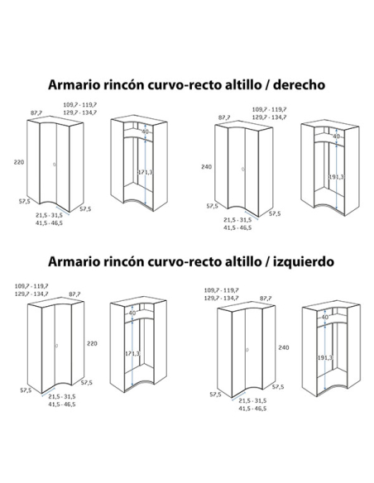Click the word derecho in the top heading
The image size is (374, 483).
pos(299,84)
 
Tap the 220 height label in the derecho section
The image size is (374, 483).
pos(19,162)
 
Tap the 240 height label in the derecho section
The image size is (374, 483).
pos(206,166)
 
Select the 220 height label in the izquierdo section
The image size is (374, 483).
pos(92,343)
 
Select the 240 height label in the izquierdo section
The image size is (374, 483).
pos(284,347)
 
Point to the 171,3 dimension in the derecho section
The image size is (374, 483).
pos(145,172)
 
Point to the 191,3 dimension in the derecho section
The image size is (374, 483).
pos(336,177)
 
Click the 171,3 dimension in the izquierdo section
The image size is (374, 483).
pos(132,353)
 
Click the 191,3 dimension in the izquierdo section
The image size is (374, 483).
pos(325,357)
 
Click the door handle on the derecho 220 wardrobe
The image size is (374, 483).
pos(55,165)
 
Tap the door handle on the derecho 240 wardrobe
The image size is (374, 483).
pos(242,169)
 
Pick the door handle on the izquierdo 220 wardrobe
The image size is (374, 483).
pos(56,346)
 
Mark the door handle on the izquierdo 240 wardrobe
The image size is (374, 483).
pos(247,350)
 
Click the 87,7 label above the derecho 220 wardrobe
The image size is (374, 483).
pos(36,113)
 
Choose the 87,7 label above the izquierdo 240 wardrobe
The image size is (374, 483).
pos(266,299)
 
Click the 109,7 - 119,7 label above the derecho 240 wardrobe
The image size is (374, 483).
pos(269,109)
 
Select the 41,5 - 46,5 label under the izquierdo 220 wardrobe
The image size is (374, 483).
pos(61,404)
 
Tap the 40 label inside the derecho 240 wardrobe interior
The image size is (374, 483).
pos(337,136)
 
